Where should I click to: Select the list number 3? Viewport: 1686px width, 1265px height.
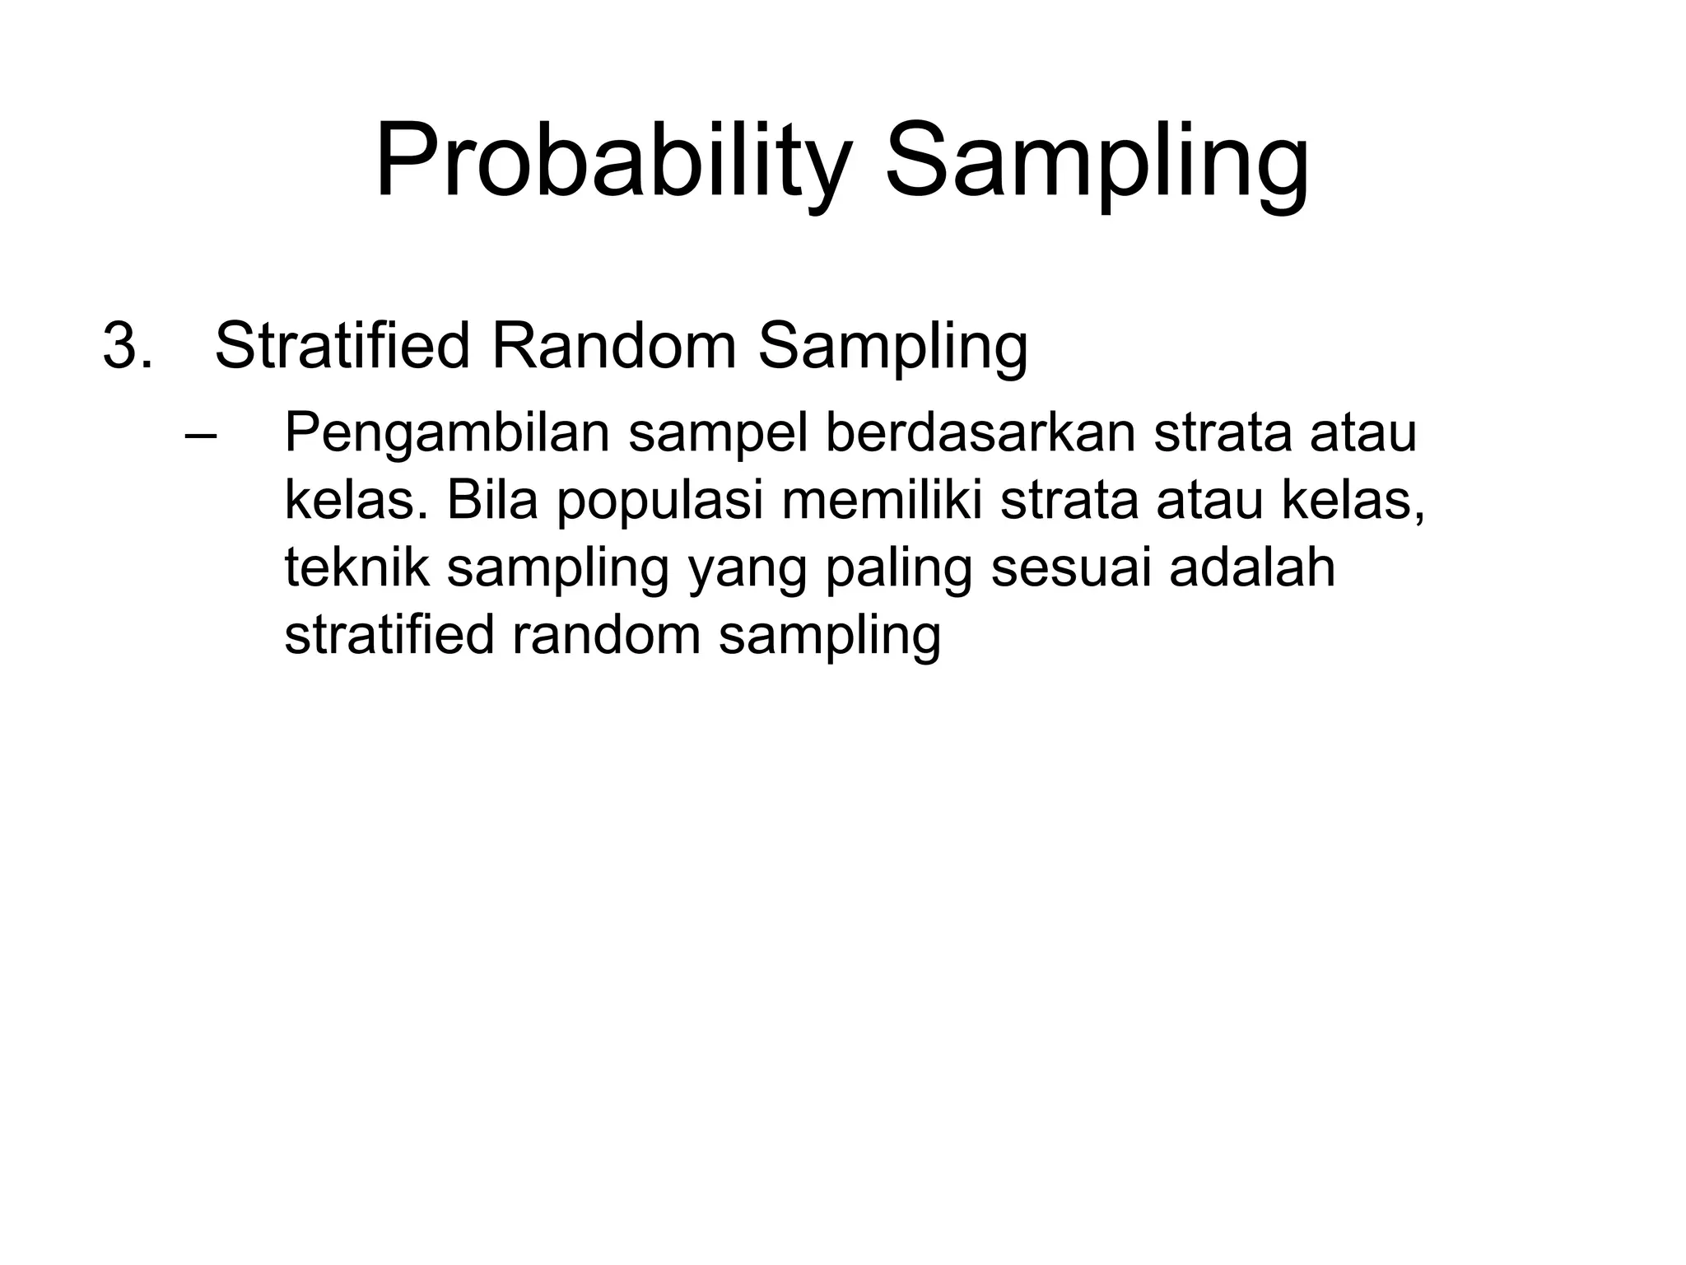tap(127, 347)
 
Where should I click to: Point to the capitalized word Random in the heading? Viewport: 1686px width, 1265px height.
tap(614, 346)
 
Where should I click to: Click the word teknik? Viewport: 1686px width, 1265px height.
tap(356, 567)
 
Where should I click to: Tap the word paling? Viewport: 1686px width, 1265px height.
tap(898, 569)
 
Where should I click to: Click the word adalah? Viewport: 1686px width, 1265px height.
tap(1251, 567)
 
